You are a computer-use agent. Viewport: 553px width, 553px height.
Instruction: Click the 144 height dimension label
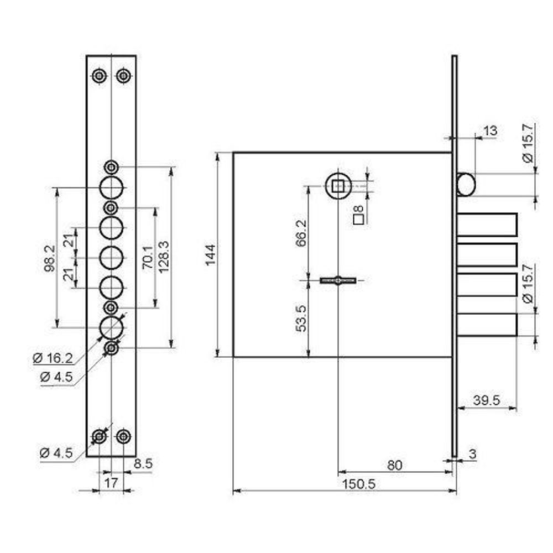coord(211,254)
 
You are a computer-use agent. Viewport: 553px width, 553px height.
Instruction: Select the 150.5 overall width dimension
coord(359,484)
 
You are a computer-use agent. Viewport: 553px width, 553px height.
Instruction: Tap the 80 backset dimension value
coord(395,465)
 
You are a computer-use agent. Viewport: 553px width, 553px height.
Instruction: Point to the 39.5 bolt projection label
coord(487,400)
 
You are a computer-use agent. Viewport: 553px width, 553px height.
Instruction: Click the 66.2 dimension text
coord(301,233)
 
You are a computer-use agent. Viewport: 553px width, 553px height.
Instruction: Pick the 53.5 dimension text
coord(301,319)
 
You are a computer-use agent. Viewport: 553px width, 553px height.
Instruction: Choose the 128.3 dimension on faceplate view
coord(164,257)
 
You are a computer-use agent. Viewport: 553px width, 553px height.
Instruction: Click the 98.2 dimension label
coord(50,258)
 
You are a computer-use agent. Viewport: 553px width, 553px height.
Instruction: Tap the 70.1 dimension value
coord(148,258)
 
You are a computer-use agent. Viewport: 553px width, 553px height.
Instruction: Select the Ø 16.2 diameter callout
coord(53,358)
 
